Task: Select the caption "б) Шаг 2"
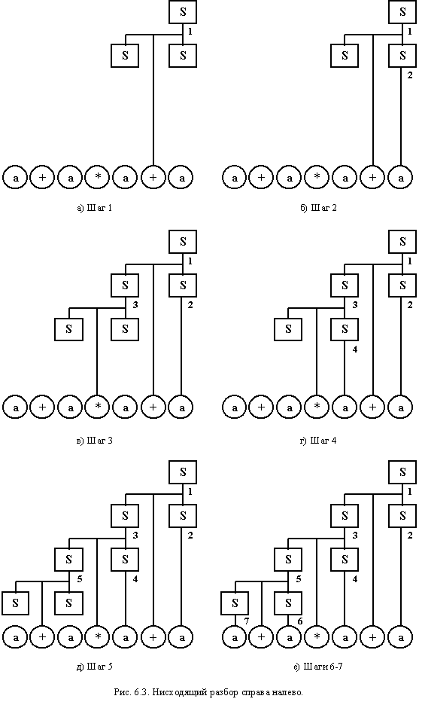pos(318,208)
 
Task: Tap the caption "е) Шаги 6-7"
pos(319,667)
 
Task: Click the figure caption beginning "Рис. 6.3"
pos(208,692)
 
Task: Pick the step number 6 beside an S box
pos(299,621)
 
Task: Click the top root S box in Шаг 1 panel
pos(183,12)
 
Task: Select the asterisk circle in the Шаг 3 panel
pos(99,407)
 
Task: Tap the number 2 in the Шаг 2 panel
pos(409,75)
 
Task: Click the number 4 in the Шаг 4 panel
pos(354,349)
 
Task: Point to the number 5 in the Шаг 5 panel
pos(80,578)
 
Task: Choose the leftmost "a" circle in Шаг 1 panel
pos(16,178)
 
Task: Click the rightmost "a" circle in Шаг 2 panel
pos(401,178)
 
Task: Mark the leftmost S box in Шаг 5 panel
pos(16,603)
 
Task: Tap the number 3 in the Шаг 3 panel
pos(135,305)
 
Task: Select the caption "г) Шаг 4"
pos(318,441)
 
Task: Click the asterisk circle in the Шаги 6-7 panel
pos(317,637)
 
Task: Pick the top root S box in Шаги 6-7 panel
pos(402,472)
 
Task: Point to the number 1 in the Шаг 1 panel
pos(190,32)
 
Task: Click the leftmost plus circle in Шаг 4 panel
pos(262,407)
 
